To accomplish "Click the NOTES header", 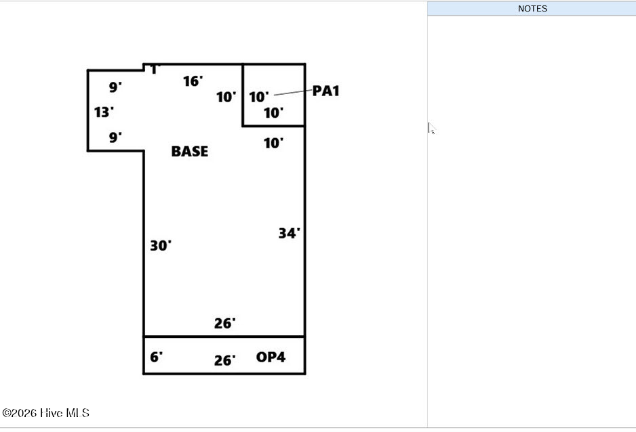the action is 532,9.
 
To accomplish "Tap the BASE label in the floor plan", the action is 189,152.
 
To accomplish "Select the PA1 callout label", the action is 325,91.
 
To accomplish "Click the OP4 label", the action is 271,357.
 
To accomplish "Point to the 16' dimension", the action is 193,81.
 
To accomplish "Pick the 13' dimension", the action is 104,112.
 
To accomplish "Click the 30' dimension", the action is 161,245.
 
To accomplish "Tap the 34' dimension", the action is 290,233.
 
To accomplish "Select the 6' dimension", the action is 156,357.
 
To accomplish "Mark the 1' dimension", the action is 155,69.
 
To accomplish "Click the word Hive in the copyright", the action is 51,413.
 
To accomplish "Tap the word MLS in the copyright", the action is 77,413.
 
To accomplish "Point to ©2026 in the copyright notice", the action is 20,413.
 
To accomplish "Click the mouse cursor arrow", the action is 431,128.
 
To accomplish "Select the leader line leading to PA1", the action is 293,93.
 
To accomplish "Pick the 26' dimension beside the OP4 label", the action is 224,360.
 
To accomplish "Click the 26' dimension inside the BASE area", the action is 224,323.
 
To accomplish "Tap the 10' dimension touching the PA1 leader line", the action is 259,97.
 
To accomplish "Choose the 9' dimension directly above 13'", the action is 115,87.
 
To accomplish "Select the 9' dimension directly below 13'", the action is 115,137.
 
